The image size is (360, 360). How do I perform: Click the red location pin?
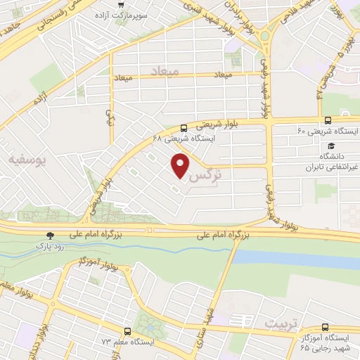[x=181, y=166]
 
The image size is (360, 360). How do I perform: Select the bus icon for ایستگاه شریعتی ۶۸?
[x=184, y=127]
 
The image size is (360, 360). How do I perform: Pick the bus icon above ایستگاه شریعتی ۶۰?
[x=327, y=120]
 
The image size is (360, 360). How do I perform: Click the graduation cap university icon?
[x=330, y=145]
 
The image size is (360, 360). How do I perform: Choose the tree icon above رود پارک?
[x=49, y=236]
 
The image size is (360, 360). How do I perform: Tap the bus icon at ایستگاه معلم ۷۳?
[x=127, y=330]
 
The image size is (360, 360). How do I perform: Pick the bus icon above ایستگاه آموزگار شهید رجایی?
[x=324, y=326]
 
